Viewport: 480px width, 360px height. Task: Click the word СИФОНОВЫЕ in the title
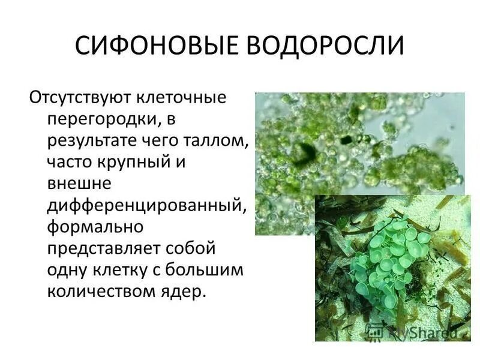[155, 46]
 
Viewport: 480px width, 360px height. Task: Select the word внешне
[75, 184]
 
